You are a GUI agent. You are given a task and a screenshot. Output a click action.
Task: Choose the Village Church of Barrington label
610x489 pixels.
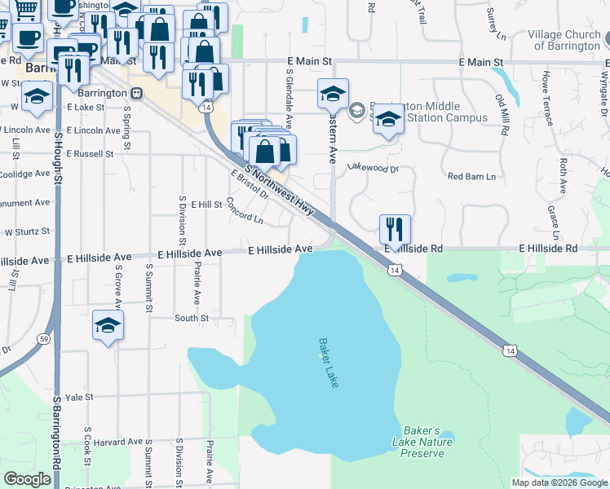tap(563, 40)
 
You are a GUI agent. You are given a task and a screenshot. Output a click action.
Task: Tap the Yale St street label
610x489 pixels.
tap(80, 397)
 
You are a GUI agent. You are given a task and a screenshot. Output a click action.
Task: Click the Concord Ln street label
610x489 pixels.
tap(245, 211)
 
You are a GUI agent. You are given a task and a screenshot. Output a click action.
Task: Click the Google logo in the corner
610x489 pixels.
tap(27, 479)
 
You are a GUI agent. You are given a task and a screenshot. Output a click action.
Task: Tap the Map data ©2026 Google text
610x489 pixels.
tap(559, 482)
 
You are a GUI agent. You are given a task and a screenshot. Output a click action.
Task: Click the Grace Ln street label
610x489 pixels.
tap(554, 216)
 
